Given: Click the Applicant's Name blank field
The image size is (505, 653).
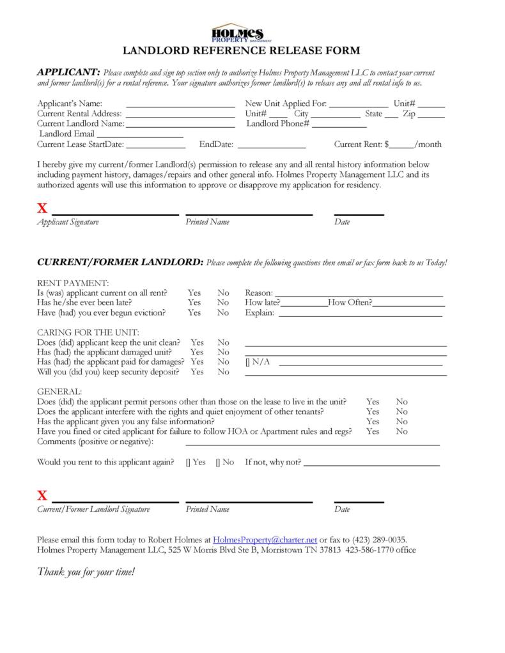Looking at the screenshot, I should tap(180, 104).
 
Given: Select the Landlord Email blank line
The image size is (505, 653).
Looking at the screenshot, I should tap(139, 134).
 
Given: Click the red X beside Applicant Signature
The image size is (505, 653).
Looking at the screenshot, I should tap(42, 208).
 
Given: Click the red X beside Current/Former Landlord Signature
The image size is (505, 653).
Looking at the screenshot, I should tap(42, 495).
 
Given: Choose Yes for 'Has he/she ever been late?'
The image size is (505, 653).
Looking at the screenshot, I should tap(194, 303).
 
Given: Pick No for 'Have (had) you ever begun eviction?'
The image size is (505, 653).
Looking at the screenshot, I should tap(222, 313).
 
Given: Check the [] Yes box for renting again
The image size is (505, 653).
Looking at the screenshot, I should tap(187, 462).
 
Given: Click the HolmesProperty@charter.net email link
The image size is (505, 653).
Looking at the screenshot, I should tap(265, 539).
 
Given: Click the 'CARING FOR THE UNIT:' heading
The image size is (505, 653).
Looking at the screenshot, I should tap(88, 333).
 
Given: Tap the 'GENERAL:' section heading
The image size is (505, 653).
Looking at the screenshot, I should tap(59, 392).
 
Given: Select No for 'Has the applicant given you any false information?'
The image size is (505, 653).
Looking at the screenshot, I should tap(401, 422).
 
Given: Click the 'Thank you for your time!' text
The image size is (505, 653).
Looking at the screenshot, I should tap(86, 571).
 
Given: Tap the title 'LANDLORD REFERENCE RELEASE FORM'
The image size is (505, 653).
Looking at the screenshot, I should tap(241, 50).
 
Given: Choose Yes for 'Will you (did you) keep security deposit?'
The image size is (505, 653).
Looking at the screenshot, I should tap(197, 372).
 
